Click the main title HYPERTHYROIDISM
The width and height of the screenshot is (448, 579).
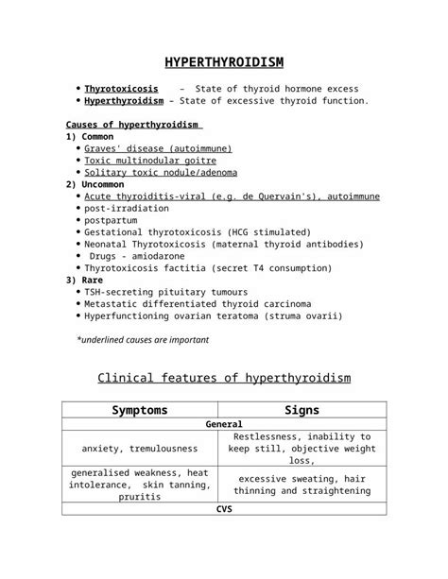point(224,63)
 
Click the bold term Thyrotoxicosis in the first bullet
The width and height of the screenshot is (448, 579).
point(121,88)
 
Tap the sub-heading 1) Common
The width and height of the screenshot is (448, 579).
point(90,137)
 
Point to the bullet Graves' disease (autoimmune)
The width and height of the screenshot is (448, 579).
point(158,149)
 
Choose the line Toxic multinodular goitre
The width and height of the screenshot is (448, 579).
point(150,162)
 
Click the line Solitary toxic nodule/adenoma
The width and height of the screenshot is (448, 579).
point(161,173)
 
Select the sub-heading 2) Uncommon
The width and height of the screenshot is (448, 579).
point(96,185)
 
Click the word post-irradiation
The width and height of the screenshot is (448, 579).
point(127,208)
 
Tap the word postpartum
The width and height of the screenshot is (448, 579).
point(112,220)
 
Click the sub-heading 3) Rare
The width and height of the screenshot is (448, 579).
point(84,280)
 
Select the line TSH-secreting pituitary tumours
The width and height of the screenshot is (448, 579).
point(166,292)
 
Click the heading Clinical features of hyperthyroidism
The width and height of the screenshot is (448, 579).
point(224,379)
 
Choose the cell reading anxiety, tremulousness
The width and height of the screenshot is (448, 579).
point(140,449)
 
